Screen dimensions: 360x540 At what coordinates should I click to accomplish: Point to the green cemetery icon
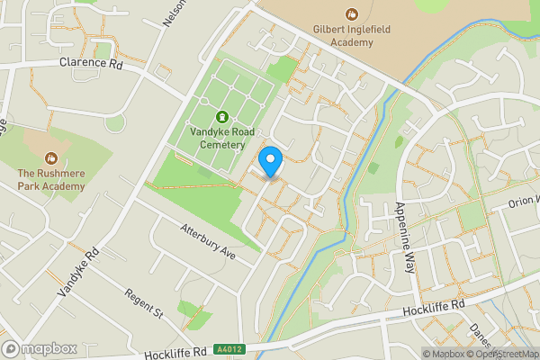point(222,116)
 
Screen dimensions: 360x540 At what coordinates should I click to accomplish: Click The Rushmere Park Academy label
point(50,179)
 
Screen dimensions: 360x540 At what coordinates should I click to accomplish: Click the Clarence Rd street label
point(91,64)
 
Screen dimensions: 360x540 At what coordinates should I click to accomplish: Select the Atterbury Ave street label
point(207,242)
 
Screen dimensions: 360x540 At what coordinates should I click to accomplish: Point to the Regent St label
point(144,304)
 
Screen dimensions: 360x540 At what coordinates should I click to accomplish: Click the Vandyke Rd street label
point(77,274)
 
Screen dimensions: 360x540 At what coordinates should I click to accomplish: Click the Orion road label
point(522,201)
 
